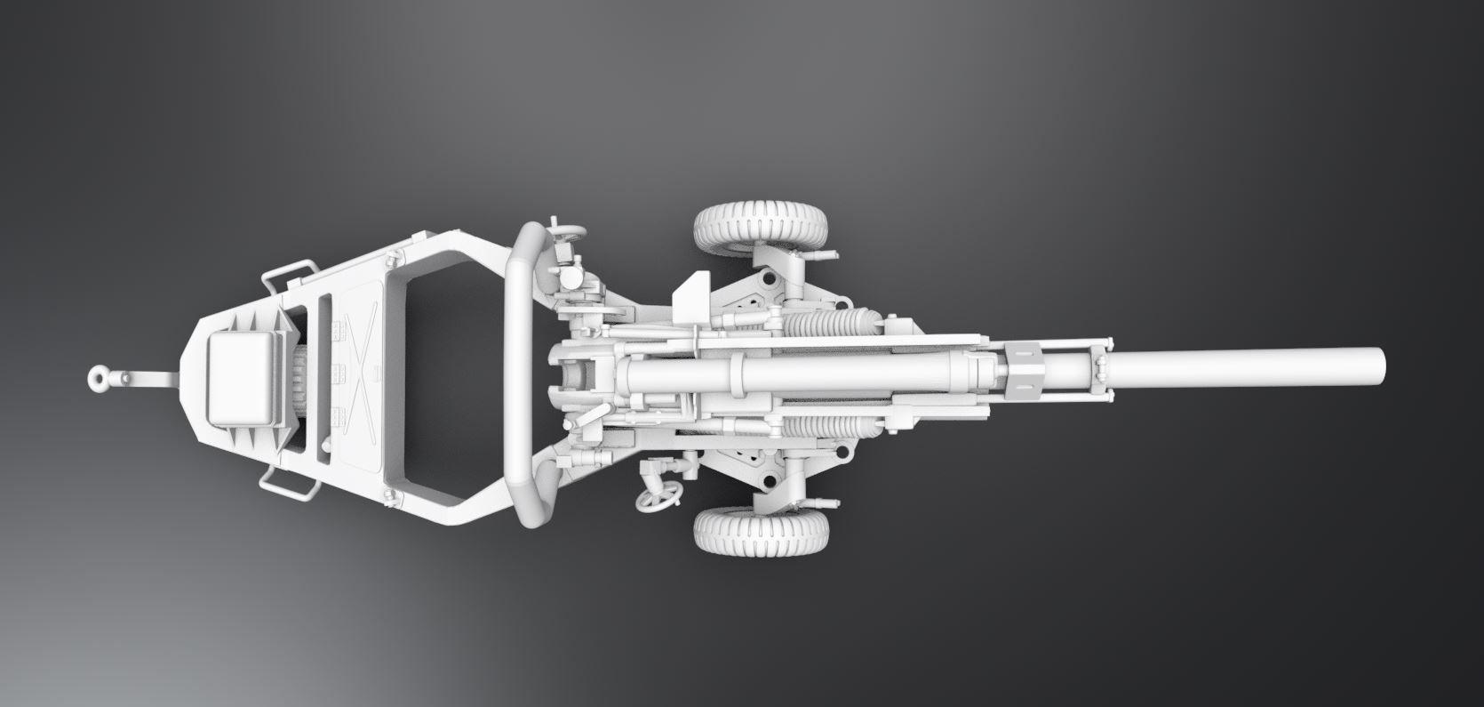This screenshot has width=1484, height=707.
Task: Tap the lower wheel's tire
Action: (762, 531)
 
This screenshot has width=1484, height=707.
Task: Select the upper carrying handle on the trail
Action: (287, 273)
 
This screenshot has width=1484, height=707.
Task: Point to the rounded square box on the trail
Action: (243, 377)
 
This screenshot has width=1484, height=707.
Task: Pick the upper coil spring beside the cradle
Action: (831, 321)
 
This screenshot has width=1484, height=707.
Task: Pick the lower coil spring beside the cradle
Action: (831, 430)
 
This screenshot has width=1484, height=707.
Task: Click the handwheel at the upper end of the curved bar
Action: (567, 234)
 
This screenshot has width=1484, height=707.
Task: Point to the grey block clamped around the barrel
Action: (1029, 367)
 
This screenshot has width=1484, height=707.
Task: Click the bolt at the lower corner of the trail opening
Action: (388, 495)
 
